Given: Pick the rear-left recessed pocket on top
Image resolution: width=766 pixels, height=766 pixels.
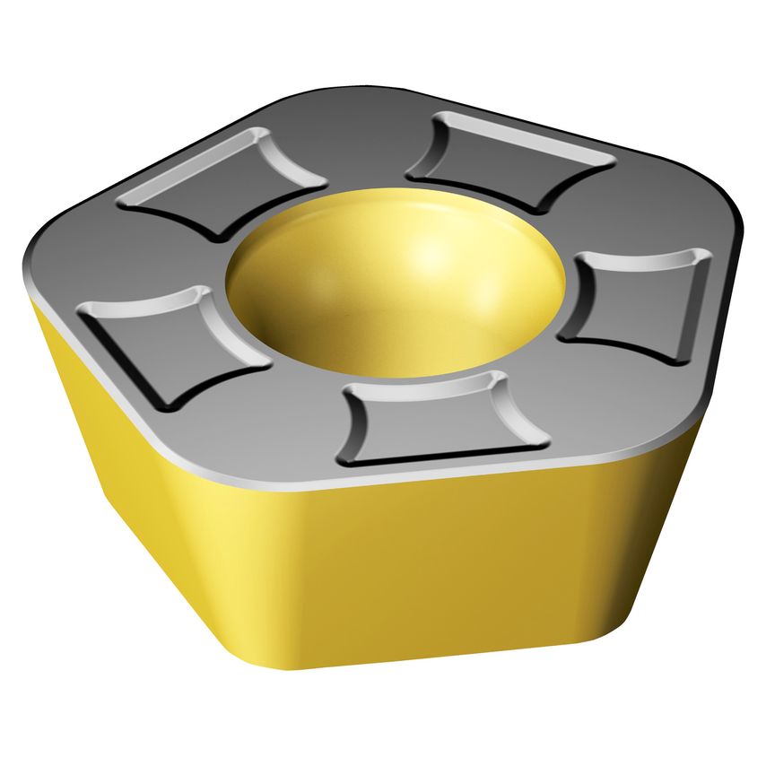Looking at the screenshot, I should [224, 179].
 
